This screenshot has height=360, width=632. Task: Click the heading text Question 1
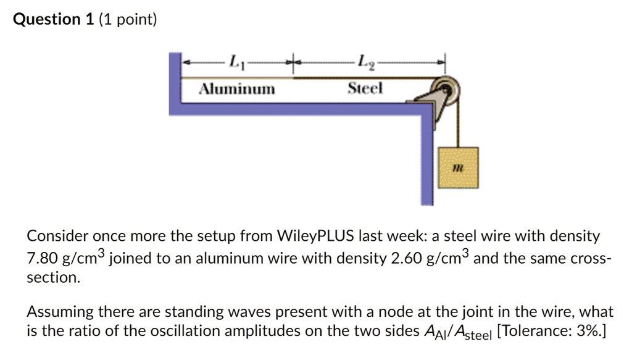coord(53,20)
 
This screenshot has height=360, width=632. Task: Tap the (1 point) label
coord(128,20)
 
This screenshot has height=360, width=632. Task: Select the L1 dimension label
coord(235,62)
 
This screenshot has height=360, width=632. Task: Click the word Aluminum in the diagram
coord(236,89)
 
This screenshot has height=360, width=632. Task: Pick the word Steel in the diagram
coord(365,89)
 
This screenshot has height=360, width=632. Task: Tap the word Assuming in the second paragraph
coord(57,310)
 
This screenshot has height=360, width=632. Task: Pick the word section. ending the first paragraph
coord(53,278)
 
